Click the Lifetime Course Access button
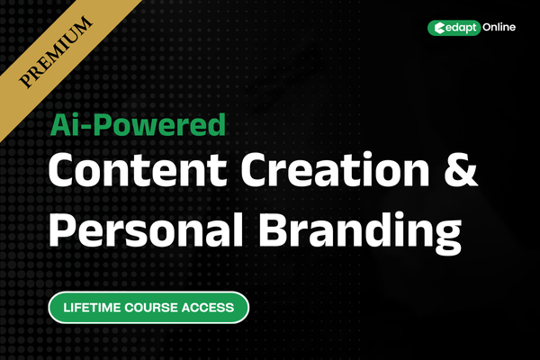(148, 307)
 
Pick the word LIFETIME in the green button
(95, 307)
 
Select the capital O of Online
(486, 28)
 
